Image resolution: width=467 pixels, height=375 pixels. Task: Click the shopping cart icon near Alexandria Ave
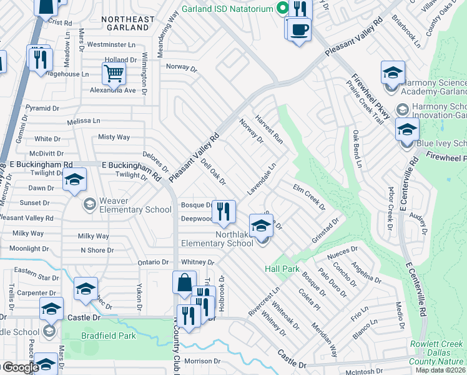click(114, 73)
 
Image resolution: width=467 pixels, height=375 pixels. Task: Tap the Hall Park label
click(282, 268)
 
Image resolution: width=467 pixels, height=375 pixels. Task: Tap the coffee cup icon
click(299, 29)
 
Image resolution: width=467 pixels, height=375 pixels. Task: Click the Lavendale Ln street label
click(262, 179)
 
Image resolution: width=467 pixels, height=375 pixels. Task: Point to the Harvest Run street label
click(270, 129)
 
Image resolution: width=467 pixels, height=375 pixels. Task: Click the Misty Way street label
click(114, 137)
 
